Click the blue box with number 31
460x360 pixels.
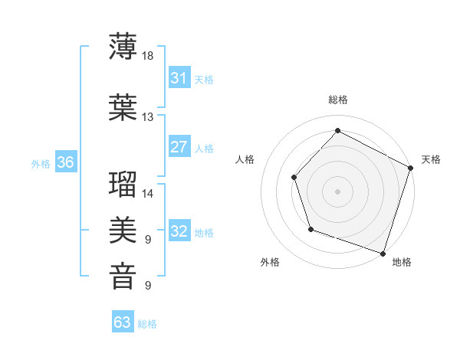click(179, 78)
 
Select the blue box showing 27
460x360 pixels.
click(179, 147)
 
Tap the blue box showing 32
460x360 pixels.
click(179, 231)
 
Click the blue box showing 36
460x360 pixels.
click(65, 162)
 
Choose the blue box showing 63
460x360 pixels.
click(123, 322)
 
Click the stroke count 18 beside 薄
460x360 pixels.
click(148, 56)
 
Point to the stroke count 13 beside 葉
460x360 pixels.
click(148, 116)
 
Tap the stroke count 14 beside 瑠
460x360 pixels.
click(148, 193)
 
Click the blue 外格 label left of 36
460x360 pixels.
click(41, 163)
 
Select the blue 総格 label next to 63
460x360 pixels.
click(147, 324)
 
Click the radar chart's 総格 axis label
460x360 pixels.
click(338, 100)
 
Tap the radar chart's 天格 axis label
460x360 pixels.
click(431, 159)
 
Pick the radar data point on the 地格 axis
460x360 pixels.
click(383, 253)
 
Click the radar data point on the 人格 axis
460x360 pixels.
click(294, 177)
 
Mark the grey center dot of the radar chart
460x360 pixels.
click(337, 191)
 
